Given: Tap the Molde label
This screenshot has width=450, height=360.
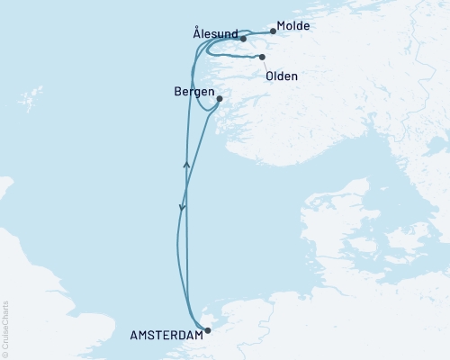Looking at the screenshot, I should [293, 26].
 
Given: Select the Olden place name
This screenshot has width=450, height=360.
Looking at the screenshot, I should [282, 76].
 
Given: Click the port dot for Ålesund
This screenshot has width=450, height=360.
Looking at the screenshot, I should [244, 39].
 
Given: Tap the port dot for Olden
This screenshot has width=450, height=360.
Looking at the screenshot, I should [262, 58].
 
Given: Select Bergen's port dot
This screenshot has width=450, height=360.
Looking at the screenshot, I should [220, 99].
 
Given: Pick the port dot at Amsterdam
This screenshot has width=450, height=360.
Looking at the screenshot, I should [208, 330].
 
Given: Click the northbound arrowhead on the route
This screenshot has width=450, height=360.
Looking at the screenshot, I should [186, 164].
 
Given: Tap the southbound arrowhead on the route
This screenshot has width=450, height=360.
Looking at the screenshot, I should [182, 209].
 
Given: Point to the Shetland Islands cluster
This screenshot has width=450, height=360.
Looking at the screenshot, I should [34, 94].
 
